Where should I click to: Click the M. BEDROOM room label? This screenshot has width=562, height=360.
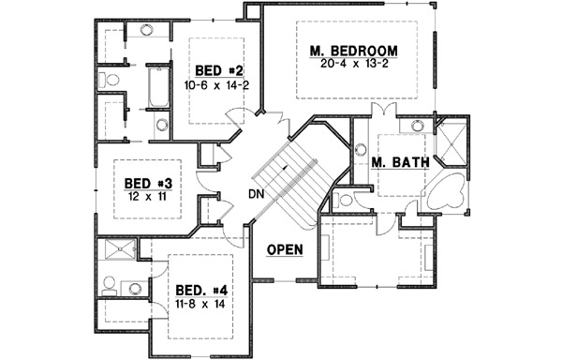click(x=353, y=51)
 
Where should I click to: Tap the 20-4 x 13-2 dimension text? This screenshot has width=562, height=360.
click(x=353, y=65)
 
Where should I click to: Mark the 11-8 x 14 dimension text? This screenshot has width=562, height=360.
click(x=201, y=304)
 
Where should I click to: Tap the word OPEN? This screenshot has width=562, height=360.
click(x=284, y=249)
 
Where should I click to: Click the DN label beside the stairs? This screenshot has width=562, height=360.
click(x=256, y=194)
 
